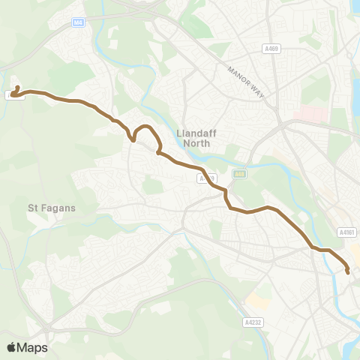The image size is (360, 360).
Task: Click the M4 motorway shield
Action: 79,23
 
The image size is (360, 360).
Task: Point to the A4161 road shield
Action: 346,233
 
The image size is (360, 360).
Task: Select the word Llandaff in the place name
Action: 196,133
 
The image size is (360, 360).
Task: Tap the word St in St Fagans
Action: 33,208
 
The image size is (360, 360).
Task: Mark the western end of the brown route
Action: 13,94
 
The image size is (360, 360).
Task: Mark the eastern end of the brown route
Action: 348,272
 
